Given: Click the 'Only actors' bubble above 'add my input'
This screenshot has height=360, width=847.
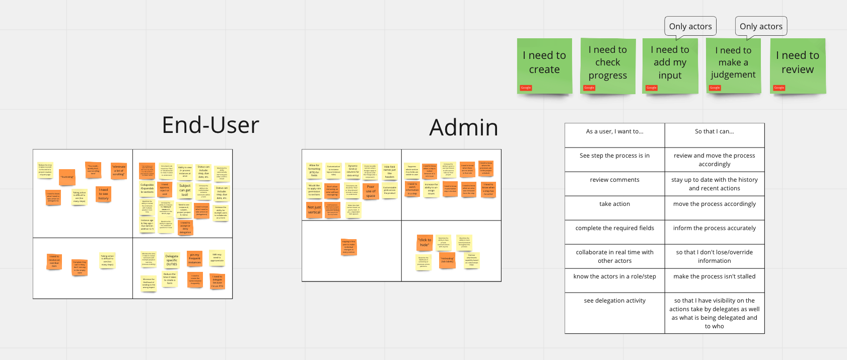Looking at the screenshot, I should (x=690, y=26).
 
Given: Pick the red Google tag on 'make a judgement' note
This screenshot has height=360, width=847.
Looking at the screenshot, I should (x=715, y=88).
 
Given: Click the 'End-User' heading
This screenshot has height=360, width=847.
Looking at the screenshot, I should (x=210, y=125).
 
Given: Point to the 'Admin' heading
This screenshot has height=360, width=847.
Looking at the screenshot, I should (x=464, y=127).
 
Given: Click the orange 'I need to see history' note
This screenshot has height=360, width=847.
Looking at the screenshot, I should (x=103, y=194).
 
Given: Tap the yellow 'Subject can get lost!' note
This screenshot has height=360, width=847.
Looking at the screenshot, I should (x=185, y=190).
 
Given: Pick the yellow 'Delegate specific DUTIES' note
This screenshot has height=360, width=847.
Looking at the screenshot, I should (x=172, y=260).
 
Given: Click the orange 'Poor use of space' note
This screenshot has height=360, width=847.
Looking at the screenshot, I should (x=371, y=191).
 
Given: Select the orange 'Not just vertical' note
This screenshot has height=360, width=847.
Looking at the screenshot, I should (x=314, y=210).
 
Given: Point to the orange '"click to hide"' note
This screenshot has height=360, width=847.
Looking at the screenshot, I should (x=425, y=242).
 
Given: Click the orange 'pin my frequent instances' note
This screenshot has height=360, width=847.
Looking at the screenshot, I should (x=194, y=259).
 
